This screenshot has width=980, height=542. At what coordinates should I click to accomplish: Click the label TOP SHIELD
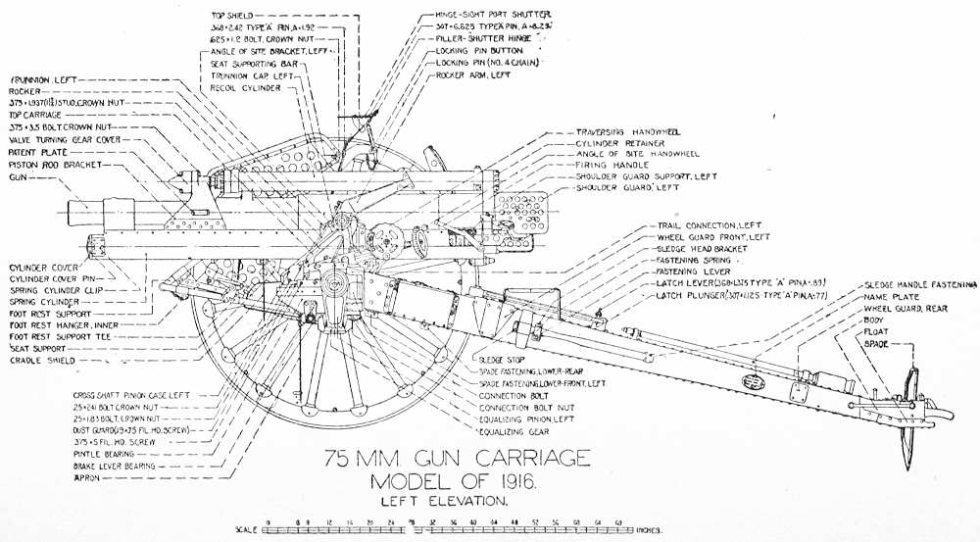point(230,15)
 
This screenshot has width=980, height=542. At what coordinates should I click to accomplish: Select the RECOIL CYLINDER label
point(246,88)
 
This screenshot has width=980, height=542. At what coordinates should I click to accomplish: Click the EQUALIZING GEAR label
point(512,430)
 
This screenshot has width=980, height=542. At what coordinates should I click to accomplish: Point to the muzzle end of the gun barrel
point(70,213)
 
